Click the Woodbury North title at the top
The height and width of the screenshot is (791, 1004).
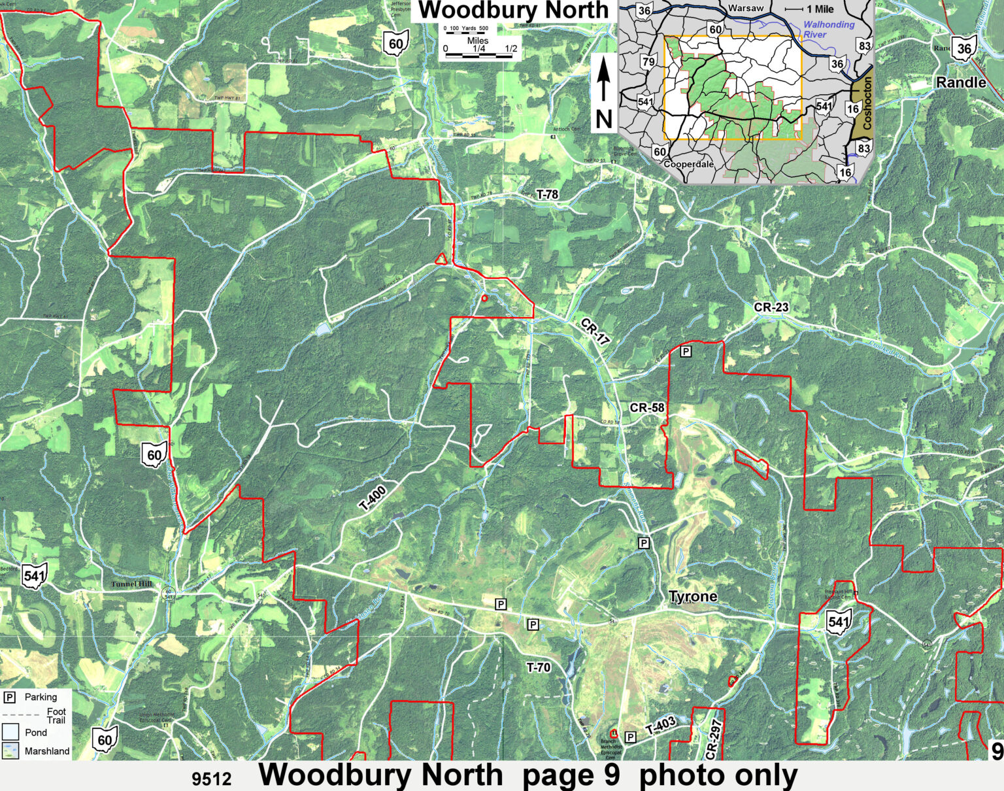513,11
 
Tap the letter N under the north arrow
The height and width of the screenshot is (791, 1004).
603,119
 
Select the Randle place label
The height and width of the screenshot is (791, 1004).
961,83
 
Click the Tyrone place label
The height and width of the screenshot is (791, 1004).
693,597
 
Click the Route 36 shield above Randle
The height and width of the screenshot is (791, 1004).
964,48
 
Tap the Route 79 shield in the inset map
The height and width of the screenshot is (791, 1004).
648,63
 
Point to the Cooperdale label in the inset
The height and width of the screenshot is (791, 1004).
688,164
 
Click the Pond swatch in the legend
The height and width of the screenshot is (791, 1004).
11,732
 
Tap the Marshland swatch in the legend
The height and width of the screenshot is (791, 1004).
11,751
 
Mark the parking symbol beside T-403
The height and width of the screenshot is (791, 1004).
630,737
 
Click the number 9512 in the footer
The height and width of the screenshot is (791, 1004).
212,779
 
